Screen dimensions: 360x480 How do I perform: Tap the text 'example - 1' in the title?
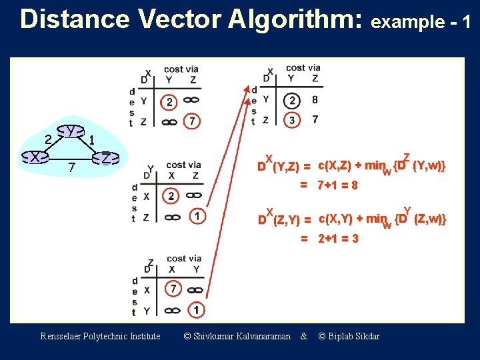(x=421, y=22)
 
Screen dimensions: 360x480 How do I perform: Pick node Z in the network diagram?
(x=106, y=159)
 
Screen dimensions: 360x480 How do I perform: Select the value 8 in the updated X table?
(x=315, y=101)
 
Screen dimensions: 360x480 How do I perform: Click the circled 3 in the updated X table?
(x=292, y=120)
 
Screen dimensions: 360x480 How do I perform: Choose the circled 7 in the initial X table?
(x=192, y=121)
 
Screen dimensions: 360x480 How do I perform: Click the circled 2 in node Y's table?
(x=171, y=197)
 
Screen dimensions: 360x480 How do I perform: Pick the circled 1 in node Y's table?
(x=197, y=216)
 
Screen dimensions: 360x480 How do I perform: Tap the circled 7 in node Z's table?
(x=173, y=289)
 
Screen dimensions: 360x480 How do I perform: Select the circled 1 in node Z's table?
(x=196, y=309)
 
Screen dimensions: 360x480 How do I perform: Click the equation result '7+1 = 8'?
(x=337, y=185)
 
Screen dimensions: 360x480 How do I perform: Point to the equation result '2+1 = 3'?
(x=337, y=239)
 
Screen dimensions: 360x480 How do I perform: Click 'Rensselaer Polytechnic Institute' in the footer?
(x=100, y=336)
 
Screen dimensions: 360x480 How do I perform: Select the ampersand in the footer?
(x=304, y=336)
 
